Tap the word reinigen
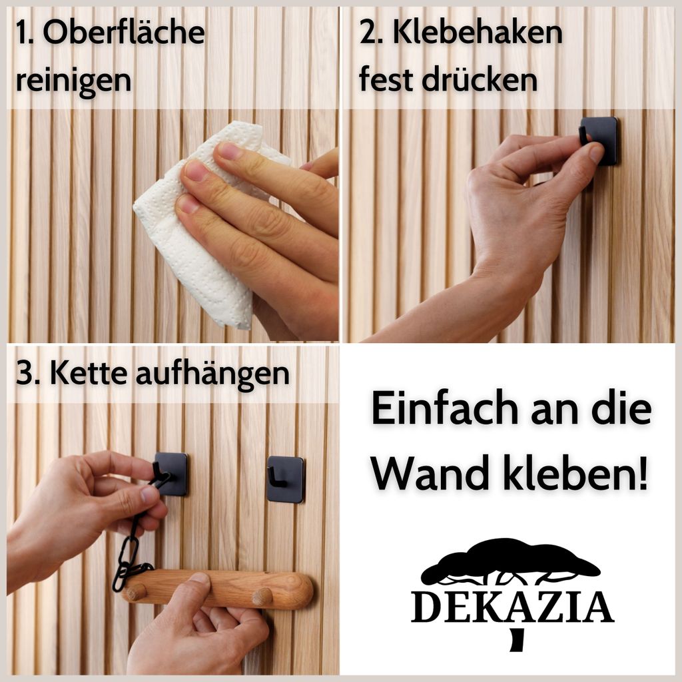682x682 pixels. [x=73, y=81]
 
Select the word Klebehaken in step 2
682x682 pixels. [x=477, y=33]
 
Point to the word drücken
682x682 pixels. [x=480, y=80]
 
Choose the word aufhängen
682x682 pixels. [x=212, y=374]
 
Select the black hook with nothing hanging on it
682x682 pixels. [x=285, y=479]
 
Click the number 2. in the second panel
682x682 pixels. [x=370, y=33]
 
